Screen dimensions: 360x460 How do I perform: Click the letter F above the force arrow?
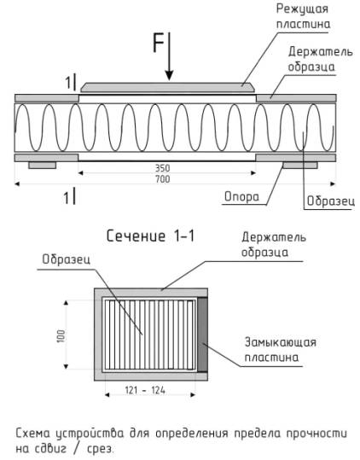pyautogui.click(x=159, y=43)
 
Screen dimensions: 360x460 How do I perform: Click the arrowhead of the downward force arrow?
pyautogui.click(x=169, y=75)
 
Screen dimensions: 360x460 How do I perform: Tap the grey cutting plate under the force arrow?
pyautogui.click(x=167, y=87)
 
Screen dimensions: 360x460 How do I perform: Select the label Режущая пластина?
pyautogui.click(x=303, y=16)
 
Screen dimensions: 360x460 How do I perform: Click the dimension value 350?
pyautogui.click(x=162, y=168)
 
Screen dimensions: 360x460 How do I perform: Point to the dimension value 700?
pyautogui.click(x=162, y=179)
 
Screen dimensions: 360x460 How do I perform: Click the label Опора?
pyautogui.click(x=241, y=196)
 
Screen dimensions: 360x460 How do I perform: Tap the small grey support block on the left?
pyautogui.click(x=42, y=166)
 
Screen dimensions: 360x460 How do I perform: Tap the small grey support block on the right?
pyautogui.click(x=300, y=166)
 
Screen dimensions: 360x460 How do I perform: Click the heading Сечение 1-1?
pyautogui.click(x=150, y=236)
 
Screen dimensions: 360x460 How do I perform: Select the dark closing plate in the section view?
pyautogui.click(x=202, y=335)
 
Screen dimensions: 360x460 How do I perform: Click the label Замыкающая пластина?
pyautogui.click(x=281, y=350)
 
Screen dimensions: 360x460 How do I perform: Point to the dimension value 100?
pyautogui.click(x=61, y=336)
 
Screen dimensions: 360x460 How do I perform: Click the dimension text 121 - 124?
pyautogui.click(x=145, y=391)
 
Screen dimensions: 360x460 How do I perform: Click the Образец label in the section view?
pyautogui.click(x=67, y=259)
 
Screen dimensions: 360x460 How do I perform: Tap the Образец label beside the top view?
pyautogui.click(x=331, y=201)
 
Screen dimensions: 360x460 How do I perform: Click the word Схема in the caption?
pyautogui.click(x=33, y=434)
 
